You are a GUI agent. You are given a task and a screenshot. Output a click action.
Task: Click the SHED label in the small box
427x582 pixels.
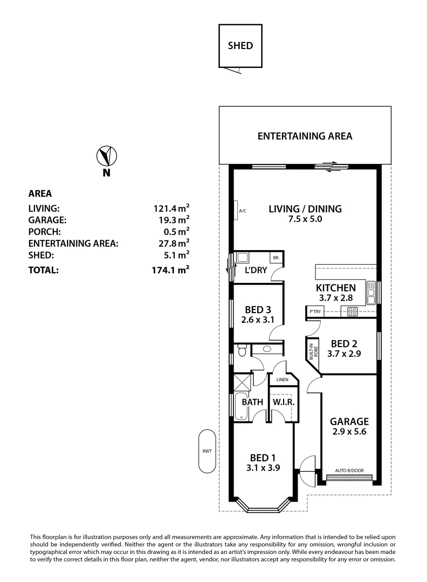coord(240,46)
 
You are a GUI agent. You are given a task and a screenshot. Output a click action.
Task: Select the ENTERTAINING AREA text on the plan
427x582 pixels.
coord(305,136)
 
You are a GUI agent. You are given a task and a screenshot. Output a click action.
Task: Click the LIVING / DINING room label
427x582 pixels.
coord(305,209)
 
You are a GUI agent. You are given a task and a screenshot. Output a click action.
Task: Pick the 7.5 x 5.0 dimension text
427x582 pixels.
coord(305,219)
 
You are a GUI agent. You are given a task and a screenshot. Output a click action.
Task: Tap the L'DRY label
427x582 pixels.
coord(256,271)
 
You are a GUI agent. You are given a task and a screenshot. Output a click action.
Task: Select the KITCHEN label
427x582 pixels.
coord(335,288)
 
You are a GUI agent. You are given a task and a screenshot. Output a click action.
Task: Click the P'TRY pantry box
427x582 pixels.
coord(314,311)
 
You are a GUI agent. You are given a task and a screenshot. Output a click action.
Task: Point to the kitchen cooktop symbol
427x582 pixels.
coord(353,310)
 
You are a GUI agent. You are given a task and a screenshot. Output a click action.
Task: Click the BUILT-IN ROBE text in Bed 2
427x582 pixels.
coord(312,351)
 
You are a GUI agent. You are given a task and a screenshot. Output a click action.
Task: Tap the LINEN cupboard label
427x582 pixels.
coord(283,380)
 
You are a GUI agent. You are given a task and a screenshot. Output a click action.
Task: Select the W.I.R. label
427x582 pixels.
coord(282,402)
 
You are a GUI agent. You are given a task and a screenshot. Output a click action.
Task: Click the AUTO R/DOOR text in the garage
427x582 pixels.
coord(349,470)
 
